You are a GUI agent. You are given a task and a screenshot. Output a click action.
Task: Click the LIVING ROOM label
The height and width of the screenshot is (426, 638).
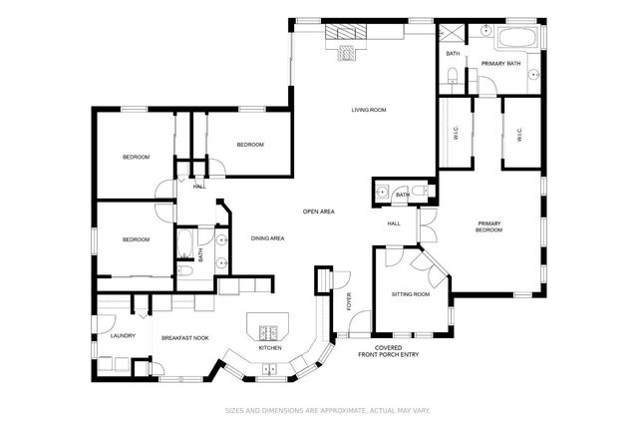tap(369, 110)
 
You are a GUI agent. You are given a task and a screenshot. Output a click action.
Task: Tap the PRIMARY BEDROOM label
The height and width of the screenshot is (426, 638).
tap(488, 226)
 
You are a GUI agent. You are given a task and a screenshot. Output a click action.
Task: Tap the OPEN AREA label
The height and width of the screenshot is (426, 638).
tap(318, 212)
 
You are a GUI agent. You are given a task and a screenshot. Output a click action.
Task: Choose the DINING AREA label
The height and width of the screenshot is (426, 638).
tap(268, 238)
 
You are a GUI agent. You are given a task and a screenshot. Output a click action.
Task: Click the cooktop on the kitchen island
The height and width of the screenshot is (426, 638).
tap(267, 333)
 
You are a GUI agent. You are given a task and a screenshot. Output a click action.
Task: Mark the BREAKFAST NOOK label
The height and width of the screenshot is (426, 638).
tap(185, 339)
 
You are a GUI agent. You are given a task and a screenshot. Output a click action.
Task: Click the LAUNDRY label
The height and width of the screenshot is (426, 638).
tap(123, 336)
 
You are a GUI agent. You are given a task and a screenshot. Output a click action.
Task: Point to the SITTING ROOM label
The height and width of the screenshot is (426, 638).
tap(410, 295)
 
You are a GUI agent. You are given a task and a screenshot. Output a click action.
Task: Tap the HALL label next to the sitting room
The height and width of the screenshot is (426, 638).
tap(394, 223)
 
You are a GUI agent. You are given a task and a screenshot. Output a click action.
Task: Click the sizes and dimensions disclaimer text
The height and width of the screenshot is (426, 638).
tap(318, 410)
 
